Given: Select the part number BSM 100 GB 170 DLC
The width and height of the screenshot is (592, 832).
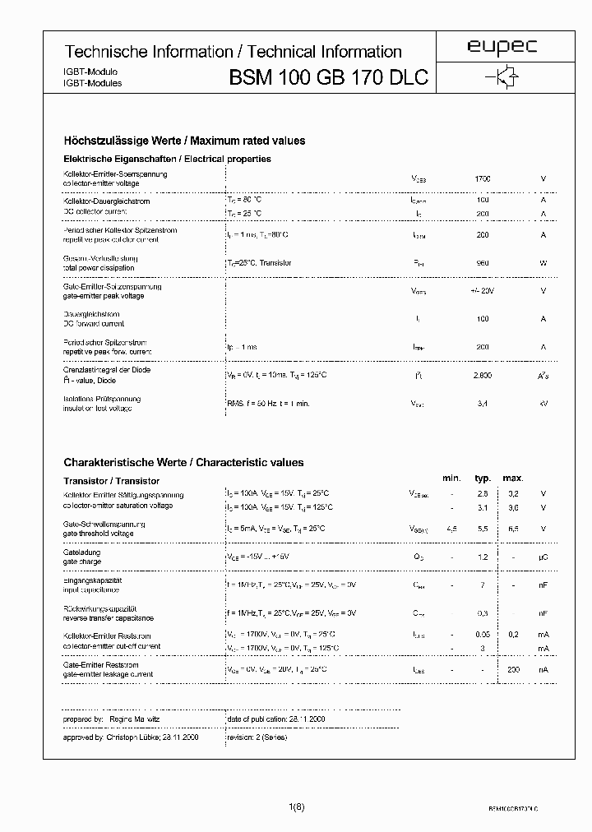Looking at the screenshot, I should click(x=328, y=78).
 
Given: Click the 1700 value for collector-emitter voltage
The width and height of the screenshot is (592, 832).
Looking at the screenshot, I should click(x=483, y=178).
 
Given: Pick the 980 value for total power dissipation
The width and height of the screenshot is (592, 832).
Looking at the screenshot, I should click(x=483, y=263).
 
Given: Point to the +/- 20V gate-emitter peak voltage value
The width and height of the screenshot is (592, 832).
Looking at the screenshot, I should click(x=483, y=291).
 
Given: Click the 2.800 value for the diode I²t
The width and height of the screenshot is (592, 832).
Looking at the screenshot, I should click(x=483, y=375).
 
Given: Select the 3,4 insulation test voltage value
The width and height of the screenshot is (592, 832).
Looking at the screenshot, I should click(x=483, y=404).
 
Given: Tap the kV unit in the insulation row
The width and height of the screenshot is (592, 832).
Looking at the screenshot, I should click(x=543, y=404).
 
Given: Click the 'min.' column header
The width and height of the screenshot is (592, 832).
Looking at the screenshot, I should click(x=451, y=478).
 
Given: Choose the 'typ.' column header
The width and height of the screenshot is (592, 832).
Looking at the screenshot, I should click(x=483, y=478).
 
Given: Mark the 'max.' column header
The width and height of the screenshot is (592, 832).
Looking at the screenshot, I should click(x=512, y=478).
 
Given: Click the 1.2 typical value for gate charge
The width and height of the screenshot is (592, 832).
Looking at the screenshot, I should click(x=483, y=557).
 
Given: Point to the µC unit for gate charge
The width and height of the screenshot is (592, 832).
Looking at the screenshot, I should click(x=543, y=557).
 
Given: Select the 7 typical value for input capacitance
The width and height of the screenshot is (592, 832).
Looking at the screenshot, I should click(x=483, y=585).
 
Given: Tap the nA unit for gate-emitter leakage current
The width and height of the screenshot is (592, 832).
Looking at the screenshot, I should click(x=543, y=670).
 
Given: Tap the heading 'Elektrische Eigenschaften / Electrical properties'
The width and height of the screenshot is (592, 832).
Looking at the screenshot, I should click(x=167, y=159).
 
